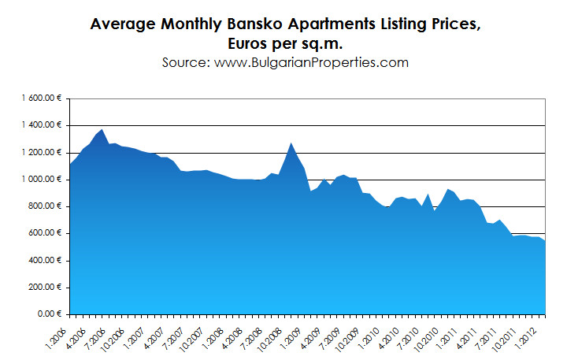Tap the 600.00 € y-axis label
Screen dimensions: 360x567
coord(49,233)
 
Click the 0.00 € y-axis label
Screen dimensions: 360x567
coord(52,314)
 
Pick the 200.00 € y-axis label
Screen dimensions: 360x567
coord(49,288)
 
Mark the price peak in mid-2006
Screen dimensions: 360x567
coord(102,129)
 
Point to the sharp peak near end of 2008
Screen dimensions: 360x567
coord(291,143)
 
